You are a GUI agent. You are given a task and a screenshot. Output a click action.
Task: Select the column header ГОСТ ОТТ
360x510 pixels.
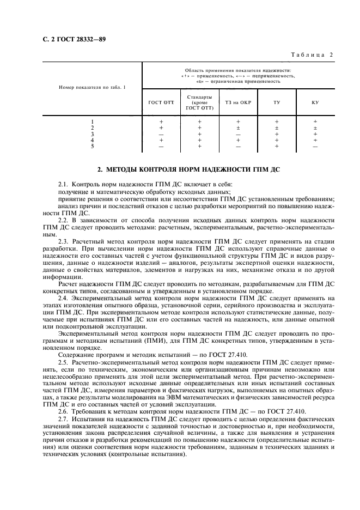pyautogui.click(x=161, y=102)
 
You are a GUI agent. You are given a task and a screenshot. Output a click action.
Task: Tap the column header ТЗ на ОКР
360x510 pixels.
pyautogui.click(x=238, y=102)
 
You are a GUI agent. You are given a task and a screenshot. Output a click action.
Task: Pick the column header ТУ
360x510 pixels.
pyautogui.click(x=277, y=102)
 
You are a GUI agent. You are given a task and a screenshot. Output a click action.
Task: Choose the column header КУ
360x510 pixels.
pyautogui.click(x=315, y=102)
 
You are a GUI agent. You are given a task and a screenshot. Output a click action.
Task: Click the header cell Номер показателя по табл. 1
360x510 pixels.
pyautogui.click(x=88, y=87)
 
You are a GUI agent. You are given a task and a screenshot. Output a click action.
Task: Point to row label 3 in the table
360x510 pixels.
pyautogui.click(x=93, y=133)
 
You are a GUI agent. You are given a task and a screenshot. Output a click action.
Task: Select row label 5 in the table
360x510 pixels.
pyautogui.click(x=93, y=146)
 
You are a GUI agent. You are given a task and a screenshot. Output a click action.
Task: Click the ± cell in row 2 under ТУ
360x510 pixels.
pyautogui.click(x=277, y=127)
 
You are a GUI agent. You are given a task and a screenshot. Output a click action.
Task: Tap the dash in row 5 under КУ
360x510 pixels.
pyautogui.click(x=315, y=146)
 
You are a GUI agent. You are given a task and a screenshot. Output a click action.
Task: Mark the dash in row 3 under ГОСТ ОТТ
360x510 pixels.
pyautogui.click(x=161, y=133)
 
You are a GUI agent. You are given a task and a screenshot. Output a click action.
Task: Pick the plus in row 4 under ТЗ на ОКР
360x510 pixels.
pyautogui.click(x=238, y=140)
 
